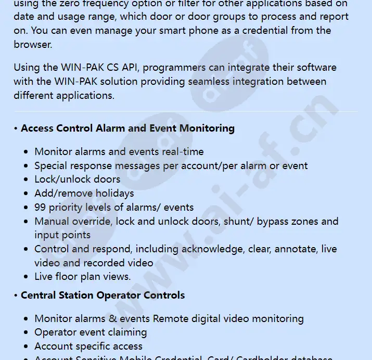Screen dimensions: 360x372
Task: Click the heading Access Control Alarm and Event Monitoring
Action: pos(127,128)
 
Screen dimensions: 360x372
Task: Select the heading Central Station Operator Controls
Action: pos(102,295)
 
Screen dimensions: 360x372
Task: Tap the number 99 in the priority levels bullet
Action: pos(41,207)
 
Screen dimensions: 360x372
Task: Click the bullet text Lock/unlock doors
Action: pos(77,179)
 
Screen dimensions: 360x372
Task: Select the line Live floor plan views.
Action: pos(82,276)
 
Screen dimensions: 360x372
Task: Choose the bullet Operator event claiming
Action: pos(91,332)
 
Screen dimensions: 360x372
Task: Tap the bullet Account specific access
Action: pos(88,346)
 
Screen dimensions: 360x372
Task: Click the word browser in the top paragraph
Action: pos(32,44)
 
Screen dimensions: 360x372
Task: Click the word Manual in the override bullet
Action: pos(52,221)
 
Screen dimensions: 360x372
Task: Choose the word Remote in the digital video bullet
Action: pos(170,318)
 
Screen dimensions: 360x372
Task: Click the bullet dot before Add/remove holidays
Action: pos(26,194)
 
